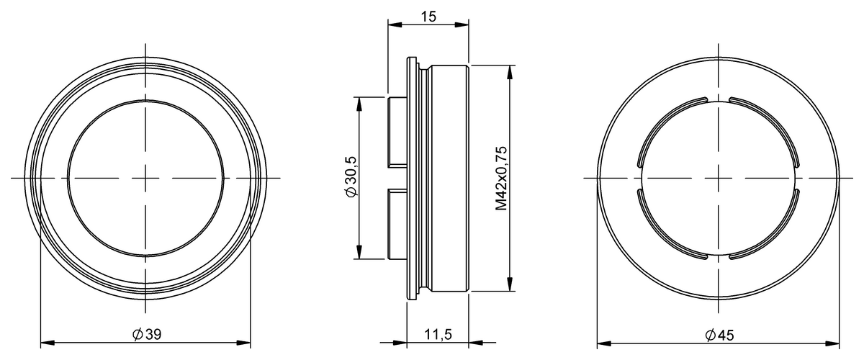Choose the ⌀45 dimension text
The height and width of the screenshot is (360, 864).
point(719,335)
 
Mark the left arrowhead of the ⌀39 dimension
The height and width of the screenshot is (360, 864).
point(45,342)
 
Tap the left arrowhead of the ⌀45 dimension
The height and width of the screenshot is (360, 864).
point(603,342)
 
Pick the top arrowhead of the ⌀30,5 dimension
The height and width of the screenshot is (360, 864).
point(358,102)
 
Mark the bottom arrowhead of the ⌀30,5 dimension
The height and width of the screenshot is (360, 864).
point(358,253)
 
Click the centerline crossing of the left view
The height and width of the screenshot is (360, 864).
point(146,177)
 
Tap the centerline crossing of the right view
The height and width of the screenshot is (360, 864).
point(718,177)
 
